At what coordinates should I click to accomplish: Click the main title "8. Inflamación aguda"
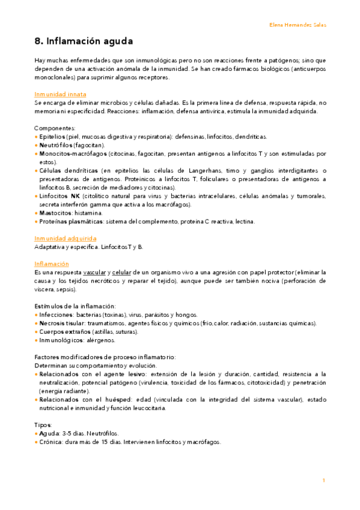[84, 41]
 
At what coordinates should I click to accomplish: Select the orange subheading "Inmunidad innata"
[60, 94]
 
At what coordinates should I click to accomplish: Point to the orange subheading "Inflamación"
[52, 264]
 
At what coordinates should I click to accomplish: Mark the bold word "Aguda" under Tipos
[47, 433]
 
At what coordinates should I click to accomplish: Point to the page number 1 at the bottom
[324, 481]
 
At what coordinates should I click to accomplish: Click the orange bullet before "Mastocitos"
[36, 213]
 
